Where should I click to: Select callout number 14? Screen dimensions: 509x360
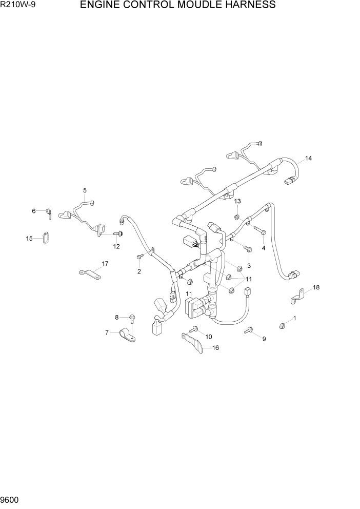click(x=308, y=158)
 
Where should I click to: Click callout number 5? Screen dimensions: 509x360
click(x=85, y=190)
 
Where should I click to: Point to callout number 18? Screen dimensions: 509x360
click(x=316, y=287)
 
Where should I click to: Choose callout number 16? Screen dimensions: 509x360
click(x=215, y=347)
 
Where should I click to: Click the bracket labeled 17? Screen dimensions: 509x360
click(x=89, y=272)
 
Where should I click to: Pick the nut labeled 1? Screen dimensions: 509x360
click(x=282, y=324)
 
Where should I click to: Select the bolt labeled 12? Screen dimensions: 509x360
click(x=117, y=234)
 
